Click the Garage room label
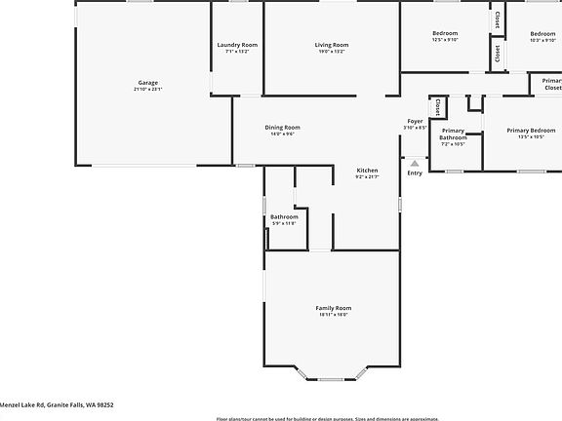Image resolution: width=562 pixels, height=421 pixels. point(147,82)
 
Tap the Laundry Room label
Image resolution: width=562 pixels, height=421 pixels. point(237,45)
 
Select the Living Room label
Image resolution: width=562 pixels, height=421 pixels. point(332,45)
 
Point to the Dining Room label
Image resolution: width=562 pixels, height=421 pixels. point(282,128)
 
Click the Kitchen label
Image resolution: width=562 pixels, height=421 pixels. point(367,170)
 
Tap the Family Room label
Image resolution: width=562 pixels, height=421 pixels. point(333,308)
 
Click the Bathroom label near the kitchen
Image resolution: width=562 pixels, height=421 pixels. point(284,216)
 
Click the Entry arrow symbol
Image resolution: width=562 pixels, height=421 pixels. point(415,163)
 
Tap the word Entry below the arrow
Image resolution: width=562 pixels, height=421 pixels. point(415,173)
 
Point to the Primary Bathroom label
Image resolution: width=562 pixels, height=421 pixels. point(453,134)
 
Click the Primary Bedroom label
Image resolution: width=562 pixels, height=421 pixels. point(531,130)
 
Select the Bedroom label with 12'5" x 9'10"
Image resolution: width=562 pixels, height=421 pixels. point(445,33)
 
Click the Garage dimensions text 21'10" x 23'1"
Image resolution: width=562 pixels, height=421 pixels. point(147,89)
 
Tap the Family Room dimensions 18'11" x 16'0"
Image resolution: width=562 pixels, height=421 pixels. point(333,315)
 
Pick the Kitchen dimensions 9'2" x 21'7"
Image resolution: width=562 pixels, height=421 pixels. point(367,176)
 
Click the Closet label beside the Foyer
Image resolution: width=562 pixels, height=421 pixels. point(438,103)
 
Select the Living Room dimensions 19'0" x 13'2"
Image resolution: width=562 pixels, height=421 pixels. point(332,52)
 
